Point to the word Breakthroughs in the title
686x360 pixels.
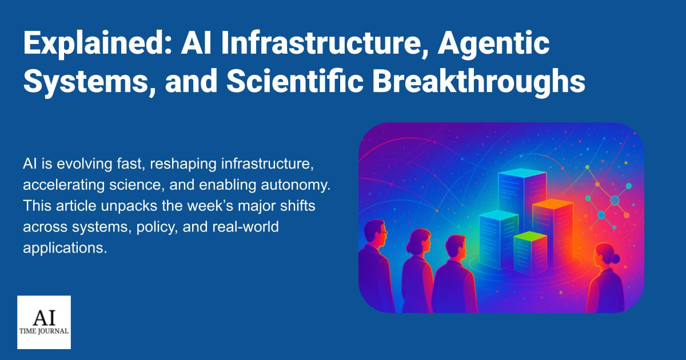(478, 82)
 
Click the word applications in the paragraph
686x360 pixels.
(65, 248)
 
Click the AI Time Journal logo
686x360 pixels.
(44, 322)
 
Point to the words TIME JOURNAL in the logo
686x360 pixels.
(44, 331)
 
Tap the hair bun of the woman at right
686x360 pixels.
(615, 259)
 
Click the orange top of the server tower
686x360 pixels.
(552, 204)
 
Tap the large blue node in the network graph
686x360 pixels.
(615, 201)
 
